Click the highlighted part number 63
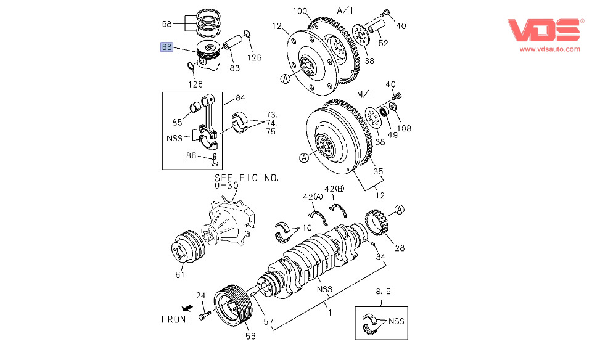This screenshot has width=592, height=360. tap(166, 47)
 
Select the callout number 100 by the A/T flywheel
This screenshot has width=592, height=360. tap(300, 12)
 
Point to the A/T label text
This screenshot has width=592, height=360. tap(346, 10)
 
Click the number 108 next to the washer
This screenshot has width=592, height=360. tap(404, 128)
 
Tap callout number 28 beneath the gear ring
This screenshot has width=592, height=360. tap(400, 248)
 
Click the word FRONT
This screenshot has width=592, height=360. tap(176, 319)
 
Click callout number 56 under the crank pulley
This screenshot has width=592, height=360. tap(251, 336)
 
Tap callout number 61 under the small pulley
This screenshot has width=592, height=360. tap(179, 274)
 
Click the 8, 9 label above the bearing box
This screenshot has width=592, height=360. tap(383, 290)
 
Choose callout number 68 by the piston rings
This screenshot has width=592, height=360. tap(167, 25)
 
